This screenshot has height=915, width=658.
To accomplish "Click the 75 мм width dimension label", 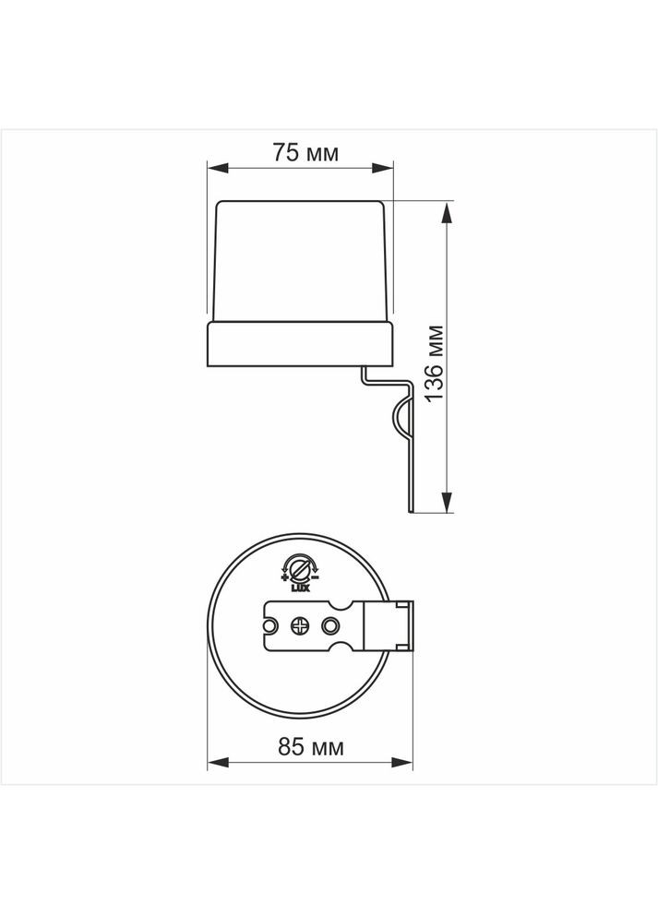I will [x=304, y=153].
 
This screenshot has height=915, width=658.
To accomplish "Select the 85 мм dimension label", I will [x=310, y=746].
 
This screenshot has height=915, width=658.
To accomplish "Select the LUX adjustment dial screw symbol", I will [x=300, y=565].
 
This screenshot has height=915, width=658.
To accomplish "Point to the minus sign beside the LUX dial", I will [x=316, y=577].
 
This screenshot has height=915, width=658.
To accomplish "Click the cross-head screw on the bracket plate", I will [x=300, y=625].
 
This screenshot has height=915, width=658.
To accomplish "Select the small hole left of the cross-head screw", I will [x=271, y=625].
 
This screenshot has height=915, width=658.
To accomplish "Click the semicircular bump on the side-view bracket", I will [x=401, y=419].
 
